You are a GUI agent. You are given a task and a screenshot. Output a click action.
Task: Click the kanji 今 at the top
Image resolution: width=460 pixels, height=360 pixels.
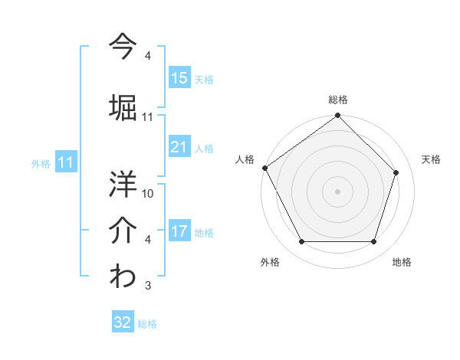click(x=123, y=46)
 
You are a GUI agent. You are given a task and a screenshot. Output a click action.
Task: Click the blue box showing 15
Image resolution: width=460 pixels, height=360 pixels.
click(x=179, y=77)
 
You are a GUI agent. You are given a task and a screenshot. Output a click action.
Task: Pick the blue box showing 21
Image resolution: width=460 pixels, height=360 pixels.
click(x=179, y=147)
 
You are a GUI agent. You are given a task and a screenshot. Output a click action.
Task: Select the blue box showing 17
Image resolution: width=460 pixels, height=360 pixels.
click(x=179, y=231)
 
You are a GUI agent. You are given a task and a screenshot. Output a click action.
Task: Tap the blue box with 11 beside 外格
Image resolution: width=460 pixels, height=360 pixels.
click(x=65, y=162)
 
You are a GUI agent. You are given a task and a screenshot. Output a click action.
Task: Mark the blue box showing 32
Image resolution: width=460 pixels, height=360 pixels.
click(x=123, y=322)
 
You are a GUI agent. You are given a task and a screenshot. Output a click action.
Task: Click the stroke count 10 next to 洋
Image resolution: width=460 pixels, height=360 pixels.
click(x=148, y=193)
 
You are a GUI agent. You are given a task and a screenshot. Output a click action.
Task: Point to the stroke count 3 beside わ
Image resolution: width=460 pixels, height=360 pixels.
click(x=148, y=286)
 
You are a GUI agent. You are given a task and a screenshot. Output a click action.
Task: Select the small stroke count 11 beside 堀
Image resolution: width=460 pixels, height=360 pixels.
click(x=148, y=117)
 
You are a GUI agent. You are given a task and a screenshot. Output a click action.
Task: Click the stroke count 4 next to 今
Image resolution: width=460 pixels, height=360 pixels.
click(x=148, y=56)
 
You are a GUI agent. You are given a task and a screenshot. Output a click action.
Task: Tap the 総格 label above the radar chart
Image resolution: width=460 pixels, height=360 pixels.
click(x=338, y=100)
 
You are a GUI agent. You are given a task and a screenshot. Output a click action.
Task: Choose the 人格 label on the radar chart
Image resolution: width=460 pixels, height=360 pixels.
click(x=245, y=159)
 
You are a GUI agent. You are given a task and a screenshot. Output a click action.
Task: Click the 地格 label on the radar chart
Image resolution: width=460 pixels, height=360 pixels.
click(x=402, y=262)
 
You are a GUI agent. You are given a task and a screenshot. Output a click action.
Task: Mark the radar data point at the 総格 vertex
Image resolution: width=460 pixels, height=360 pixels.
click(x=338, y=116)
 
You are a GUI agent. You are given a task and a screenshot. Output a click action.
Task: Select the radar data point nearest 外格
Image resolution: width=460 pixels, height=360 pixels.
click(x=301, y=242)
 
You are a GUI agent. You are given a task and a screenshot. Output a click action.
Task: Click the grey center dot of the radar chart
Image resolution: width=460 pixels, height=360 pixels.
click(x=338, y=191)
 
